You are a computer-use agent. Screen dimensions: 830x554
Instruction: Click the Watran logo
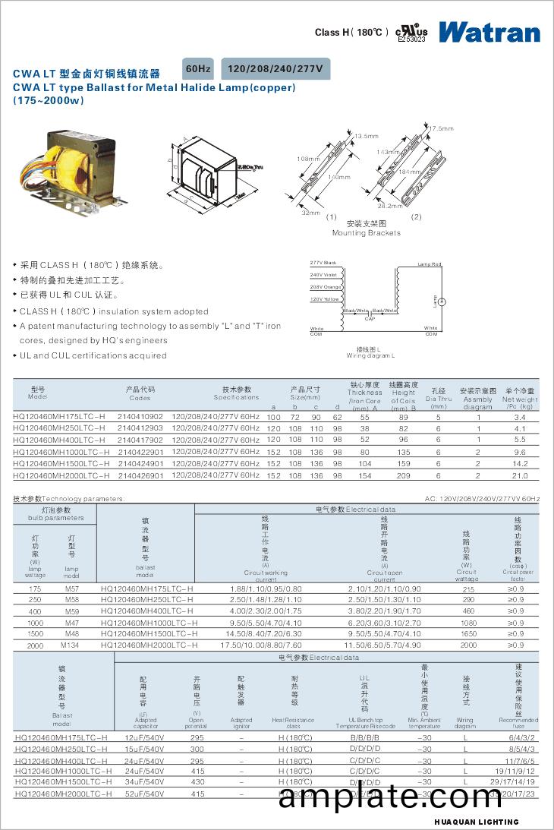(489, 32)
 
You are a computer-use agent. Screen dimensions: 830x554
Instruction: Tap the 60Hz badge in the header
(198, 68)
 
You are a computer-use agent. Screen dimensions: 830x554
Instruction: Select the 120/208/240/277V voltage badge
(275, 68)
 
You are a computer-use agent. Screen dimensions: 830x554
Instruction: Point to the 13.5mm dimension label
(367, 136)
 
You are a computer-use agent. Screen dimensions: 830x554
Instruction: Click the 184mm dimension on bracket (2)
(409, 172)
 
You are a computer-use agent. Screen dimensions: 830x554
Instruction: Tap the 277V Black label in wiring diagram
(323, 263)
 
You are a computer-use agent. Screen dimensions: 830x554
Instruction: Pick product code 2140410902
(140, 417)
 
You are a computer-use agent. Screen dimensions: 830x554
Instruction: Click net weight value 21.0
(519, 475)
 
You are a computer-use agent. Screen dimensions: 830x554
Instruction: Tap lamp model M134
(70, 645)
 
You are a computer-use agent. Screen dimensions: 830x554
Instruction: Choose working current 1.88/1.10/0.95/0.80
(265, 589)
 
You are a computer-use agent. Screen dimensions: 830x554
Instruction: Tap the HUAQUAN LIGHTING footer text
(477, 822)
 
